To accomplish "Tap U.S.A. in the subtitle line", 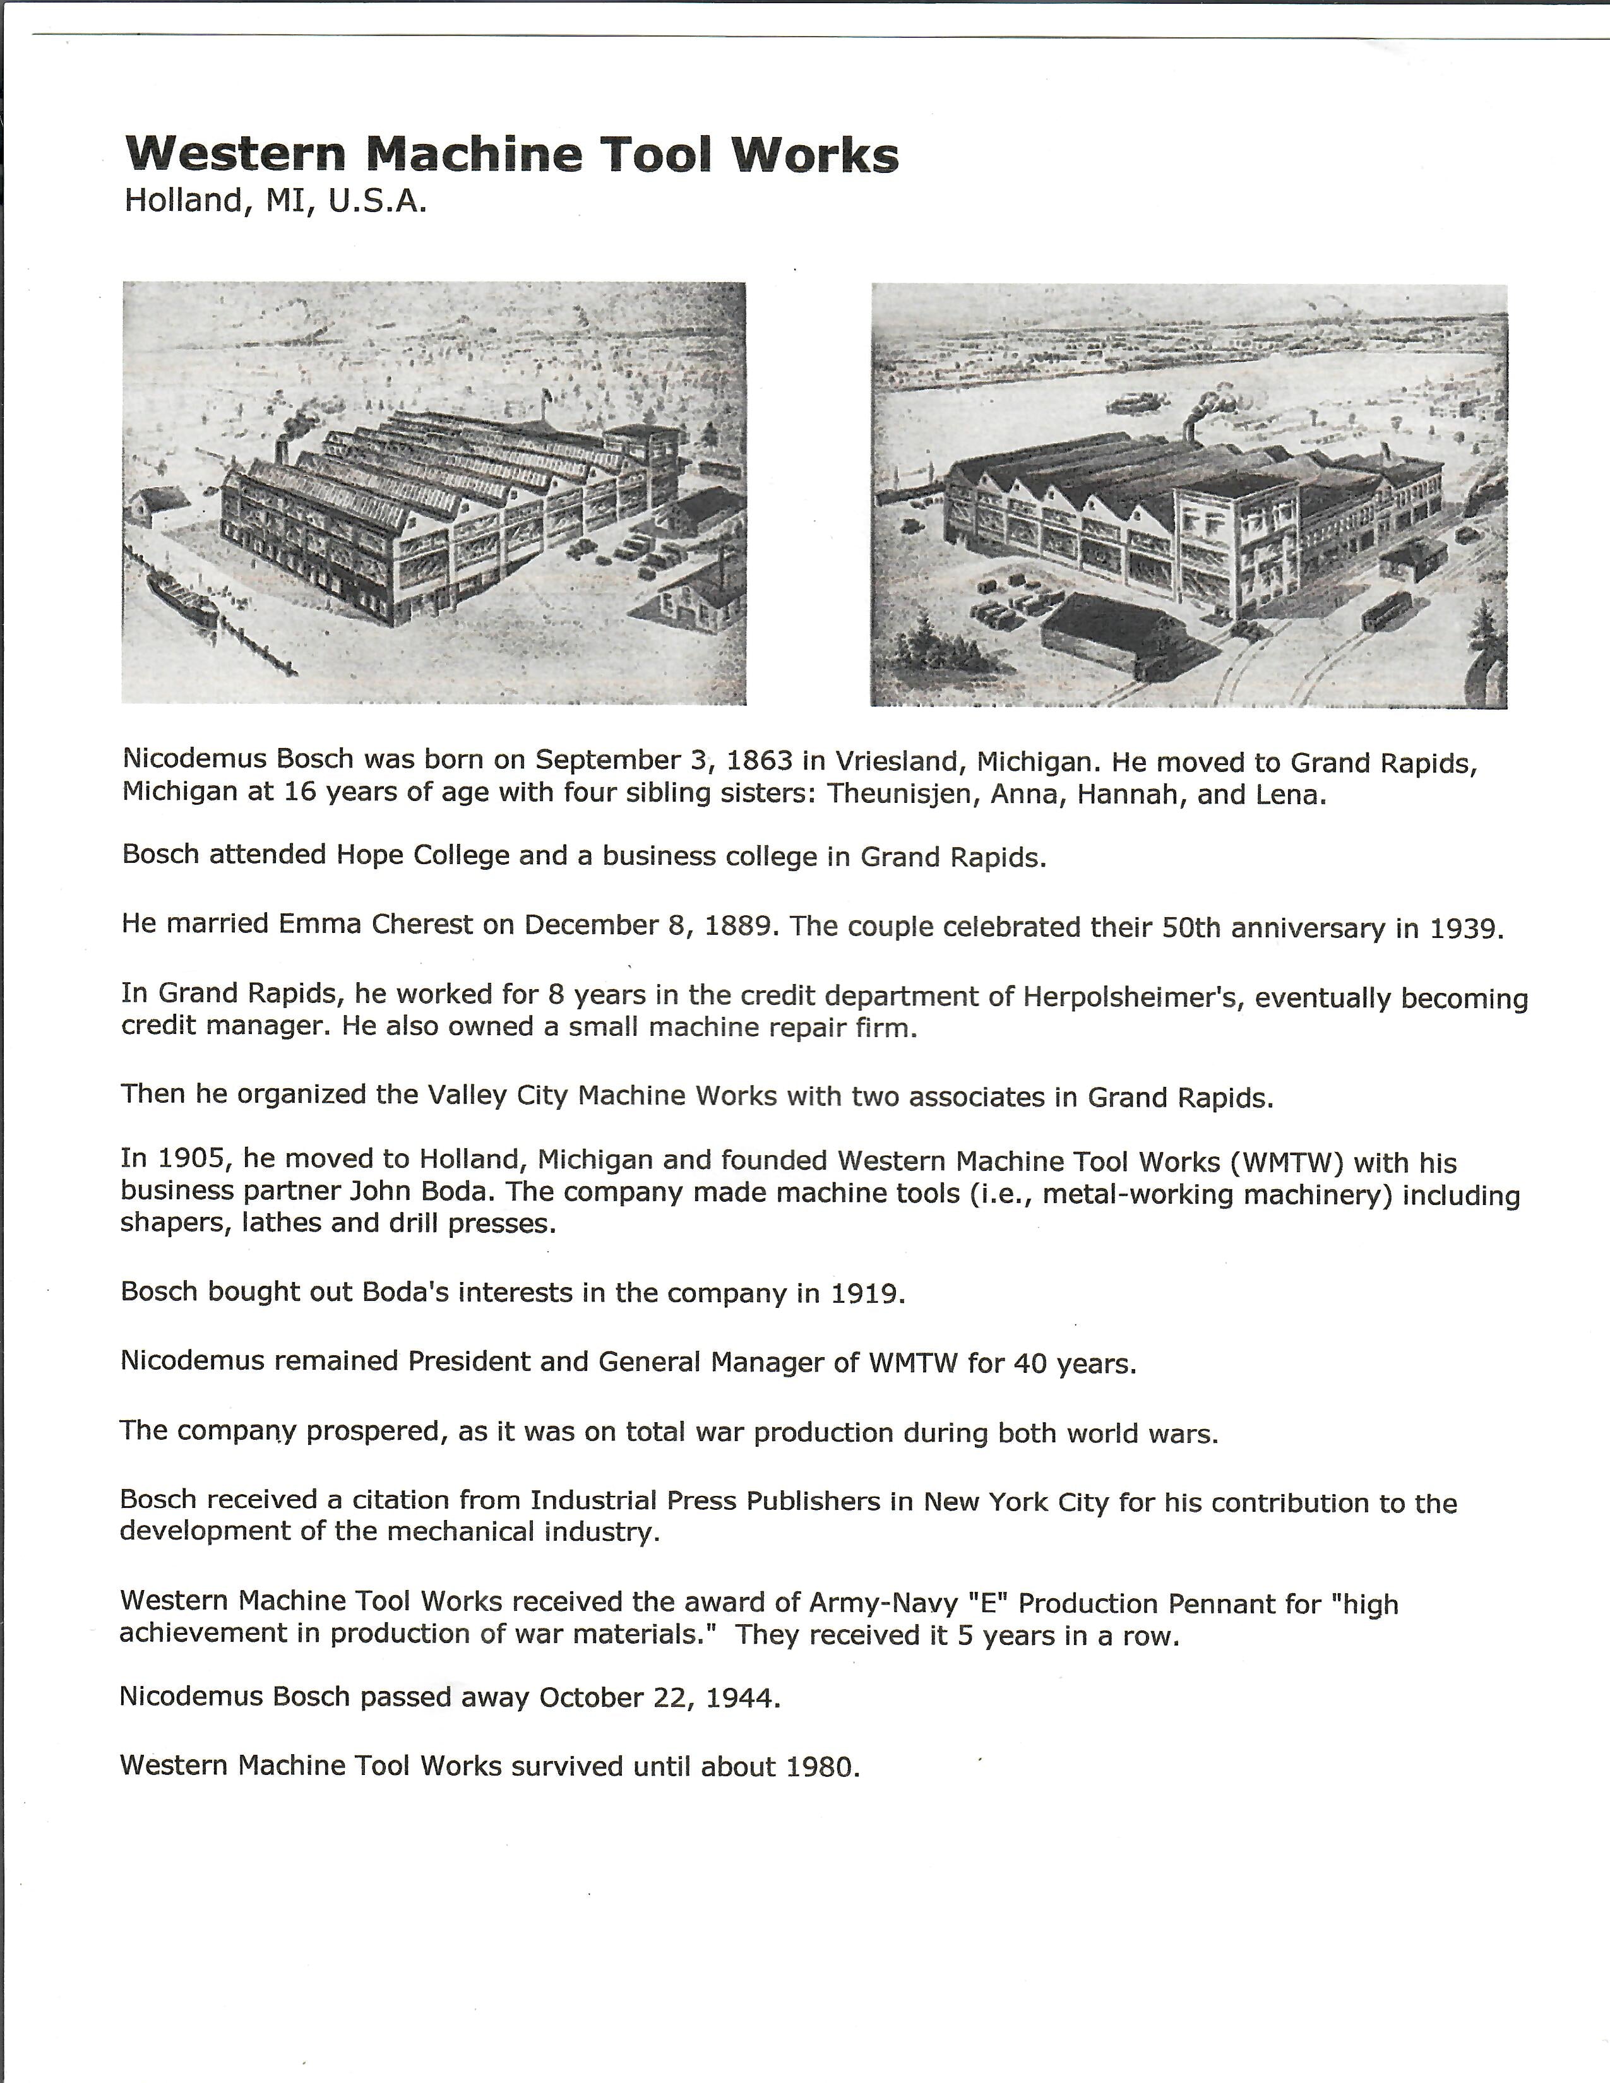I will (378, 201).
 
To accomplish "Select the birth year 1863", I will (760, 760).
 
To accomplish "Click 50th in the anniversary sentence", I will (1191, 928).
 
